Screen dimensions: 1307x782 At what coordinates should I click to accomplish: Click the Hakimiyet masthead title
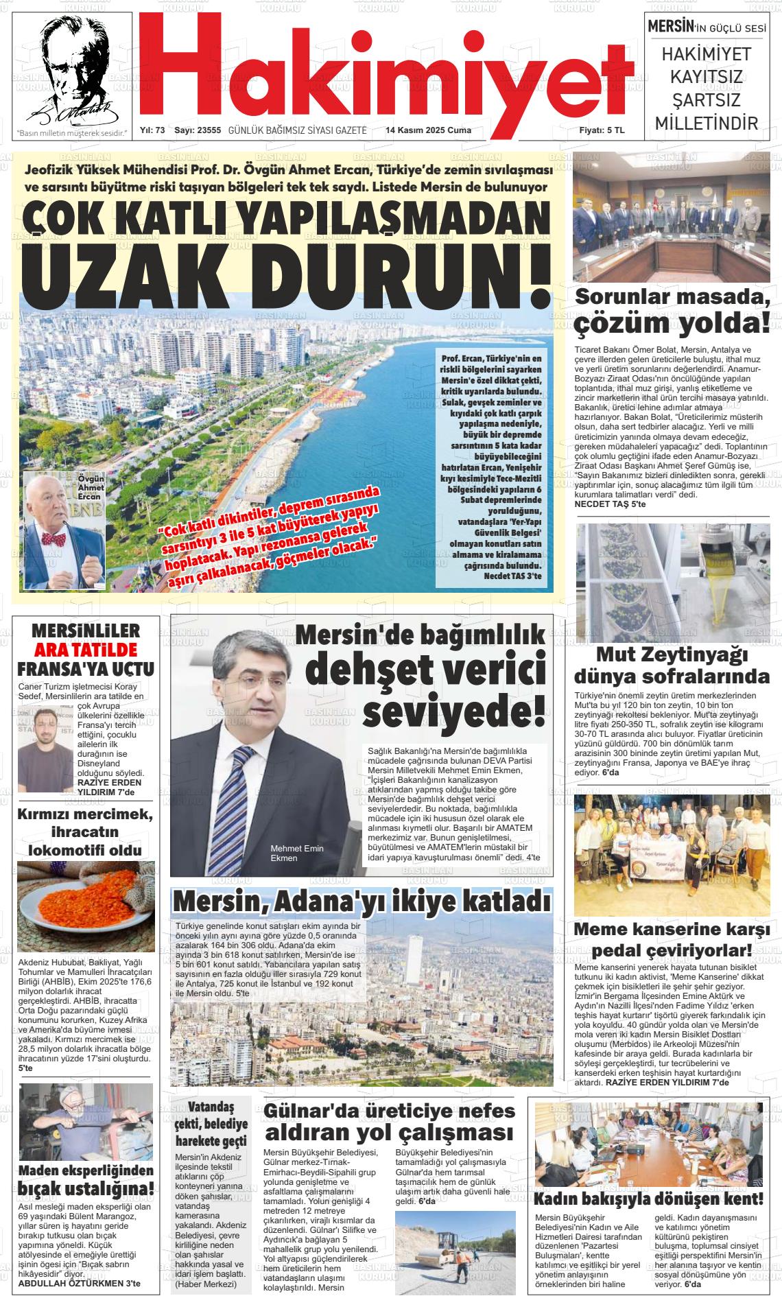(x=388, y=69)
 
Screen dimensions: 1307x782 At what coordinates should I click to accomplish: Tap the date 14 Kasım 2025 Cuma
(x=428, y=130)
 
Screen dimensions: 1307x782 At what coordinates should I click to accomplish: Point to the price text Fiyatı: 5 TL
(x=602, y=130)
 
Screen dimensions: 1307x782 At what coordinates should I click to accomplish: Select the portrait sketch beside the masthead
(x=72, y=69)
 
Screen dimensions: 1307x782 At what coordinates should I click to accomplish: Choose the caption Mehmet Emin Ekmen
(x=296, y=853)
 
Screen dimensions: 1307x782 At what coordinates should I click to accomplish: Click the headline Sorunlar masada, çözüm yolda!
(x=672, y=310)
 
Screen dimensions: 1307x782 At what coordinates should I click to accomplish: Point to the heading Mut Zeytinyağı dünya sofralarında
(x=672, y=666)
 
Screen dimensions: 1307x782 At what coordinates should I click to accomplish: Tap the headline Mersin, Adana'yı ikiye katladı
(x=362, y=902)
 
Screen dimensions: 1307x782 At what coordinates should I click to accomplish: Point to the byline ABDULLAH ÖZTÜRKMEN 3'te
(x=79, y=1282)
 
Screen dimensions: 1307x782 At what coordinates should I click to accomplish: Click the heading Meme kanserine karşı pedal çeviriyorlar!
(x=672, y=941)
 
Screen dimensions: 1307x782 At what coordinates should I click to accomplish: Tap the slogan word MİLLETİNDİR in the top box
(x=707, y=123)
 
